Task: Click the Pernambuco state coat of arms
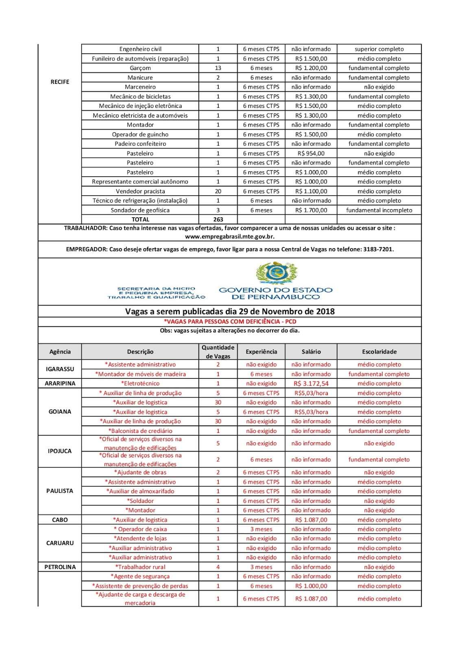pos(277,273)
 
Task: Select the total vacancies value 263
pos(218,219)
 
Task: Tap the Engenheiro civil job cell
pos(140,49)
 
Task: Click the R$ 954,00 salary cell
pos(311,153)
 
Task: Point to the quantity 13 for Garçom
pos(218,68)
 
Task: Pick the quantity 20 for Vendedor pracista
pos(218,191)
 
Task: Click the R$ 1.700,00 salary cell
pos(311,210)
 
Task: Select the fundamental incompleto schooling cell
pos(379,210)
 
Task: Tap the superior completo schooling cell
pos(379,49)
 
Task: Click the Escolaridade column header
pos(379,352)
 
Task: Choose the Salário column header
pos(311,352)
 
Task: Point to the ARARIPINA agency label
pos(60,383)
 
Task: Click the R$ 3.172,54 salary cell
pos(311,383)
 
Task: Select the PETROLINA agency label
pos(60,567)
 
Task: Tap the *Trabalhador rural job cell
pos(140,567)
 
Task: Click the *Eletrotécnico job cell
pos(140,383)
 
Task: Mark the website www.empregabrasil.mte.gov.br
pos(230,236)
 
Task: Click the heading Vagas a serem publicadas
pos(230,312)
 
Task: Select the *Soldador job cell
pos(140,501)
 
